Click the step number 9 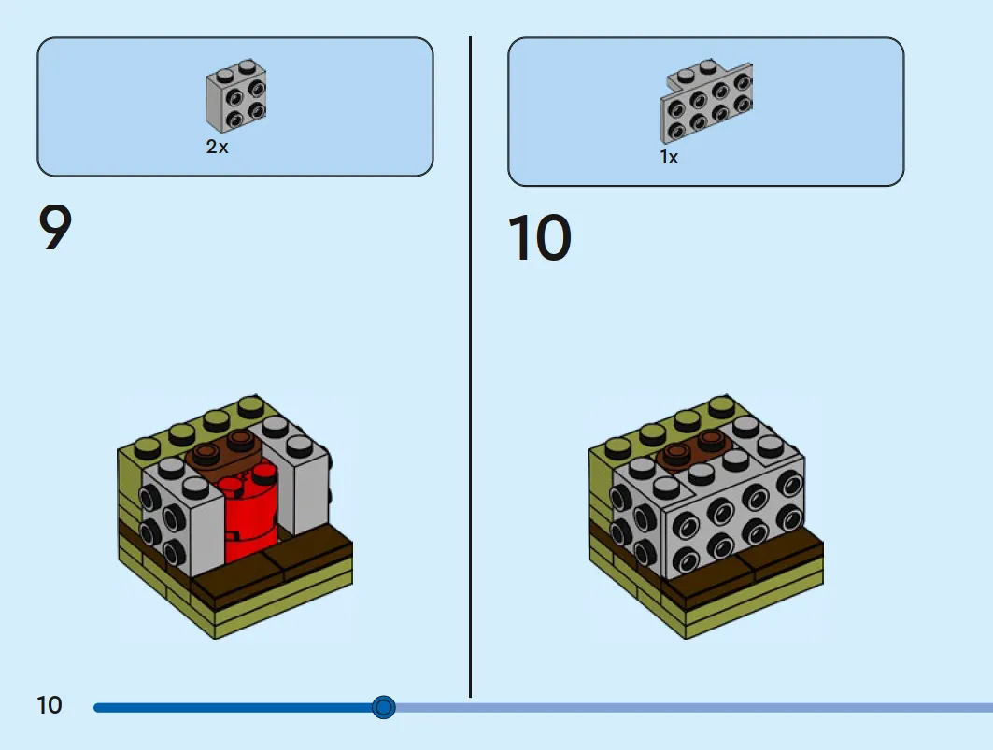(55, 227)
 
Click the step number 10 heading (540, 237)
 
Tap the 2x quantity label (217, 147)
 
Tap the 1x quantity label (669, 157)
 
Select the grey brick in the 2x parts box (235, 95)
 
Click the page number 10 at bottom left (50, 705)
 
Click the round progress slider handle (383, 707)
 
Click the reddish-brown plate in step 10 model (693, 450)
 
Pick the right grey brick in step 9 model (292, 472)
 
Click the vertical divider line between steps (470, 367)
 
